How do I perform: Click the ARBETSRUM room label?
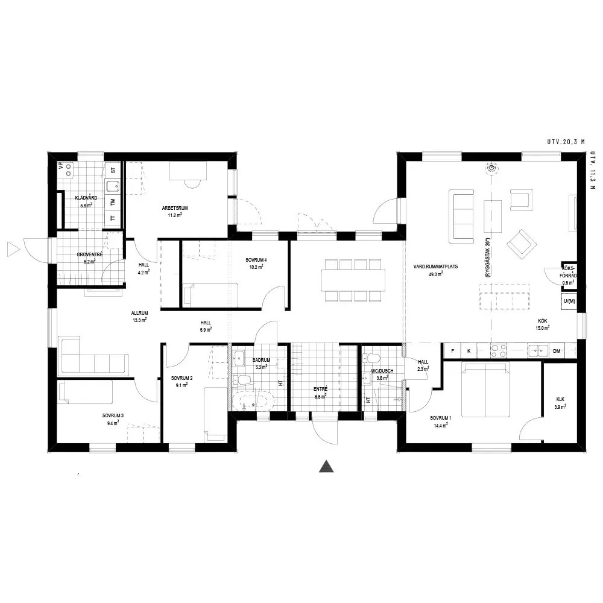coord(175,208)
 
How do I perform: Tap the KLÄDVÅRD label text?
coord(86,198)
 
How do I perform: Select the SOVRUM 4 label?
coord(256,260)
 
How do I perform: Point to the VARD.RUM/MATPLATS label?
coord(435,267)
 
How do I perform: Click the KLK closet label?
coord(560,399)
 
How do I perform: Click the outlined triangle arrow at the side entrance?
coord(13,250)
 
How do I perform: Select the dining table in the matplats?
coord(353,280)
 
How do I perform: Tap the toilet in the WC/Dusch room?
coord(371,358)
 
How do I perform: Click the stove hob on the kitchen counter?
coord(498,351)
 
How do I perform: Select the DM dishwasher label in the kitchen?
coord(557,351)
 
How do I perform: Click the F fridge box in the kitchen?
coord(453,351)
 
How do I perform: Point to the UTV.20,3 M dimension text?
coord(566,142)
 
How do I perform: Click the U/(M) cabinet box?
coord(569,301)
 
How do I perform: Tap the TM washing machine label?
coord(113,201)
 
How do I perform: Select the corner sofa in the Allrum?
coord(92,355)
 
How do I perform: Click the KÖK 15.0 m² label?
coord(542,324)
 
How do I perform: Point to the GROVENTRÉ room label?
coord(90,254)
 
